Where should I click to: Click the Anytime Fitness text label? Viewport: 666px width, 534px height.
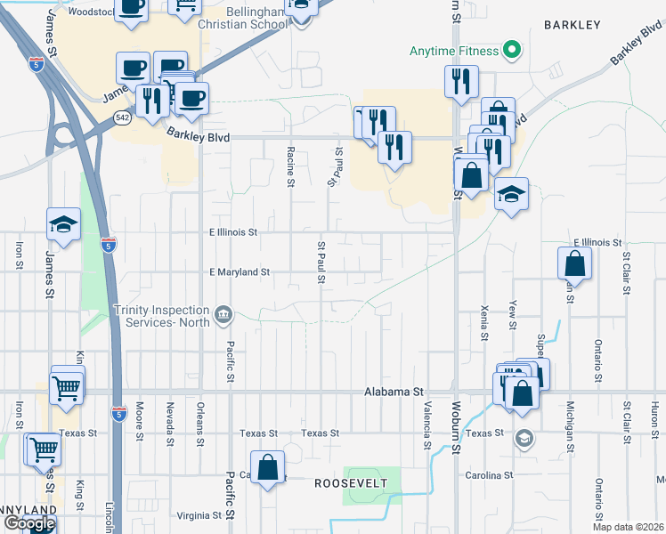(453, 51)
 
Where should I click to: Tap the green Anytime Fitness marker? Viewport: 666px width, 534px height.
(511, 51)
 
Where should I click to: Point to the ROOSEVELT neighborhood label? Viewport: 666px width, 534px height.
(351, 482)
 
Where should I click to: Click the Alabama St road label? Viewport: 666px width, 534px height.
(396, 392)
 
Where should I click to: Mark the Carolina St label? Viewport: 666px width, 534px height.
(491, 475)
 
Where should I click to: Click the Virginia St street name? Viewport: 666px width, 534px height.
(199, 515)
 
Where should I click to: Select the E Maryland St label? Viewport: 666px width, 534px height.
(239, 272)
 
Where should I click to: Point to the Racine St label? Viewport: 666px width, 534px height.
(290, 167)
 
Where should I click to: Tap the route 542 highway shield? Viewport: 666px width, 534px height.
(123, 117)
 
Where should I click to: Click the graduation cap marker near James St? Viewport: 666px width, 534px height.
(64, 226)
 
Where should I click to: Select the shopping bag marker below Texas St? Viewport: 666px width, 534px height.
(267, 467)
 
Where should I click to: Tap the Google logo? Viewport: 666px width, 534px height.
(28, 523)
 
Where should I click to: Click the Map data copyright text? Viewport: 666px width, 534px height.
(627, 527)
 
